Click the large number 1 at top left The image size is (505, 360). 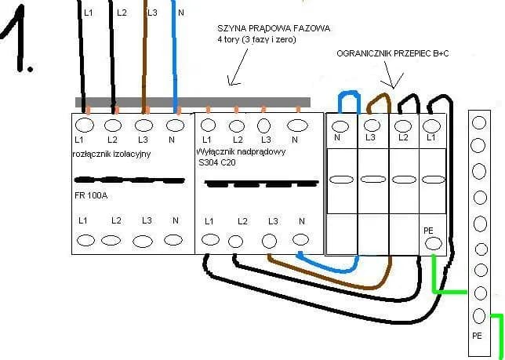point(19,43)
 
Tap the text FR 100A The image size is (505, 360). point(93,195)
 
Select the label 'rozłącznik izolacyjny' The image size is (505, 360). point(110,154)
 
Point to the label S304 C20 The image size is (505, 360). point(218,162)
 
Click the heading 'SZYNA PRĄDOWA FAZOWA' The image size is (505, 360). point(274,28)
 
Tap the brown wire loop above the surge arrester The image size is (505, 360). point(378,100)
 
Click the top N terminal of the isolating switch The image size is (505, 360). point(175,125)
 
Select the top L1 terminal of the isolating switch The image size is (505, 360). point(85,125)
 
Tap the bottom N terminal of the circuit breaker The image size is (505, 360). point(300,240)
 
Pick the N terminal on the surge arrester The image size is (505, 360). point(340,125)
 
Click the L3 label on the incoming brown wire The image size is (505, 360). point(151,13)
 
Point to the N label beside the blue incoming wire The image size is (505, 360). point(183,13)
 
